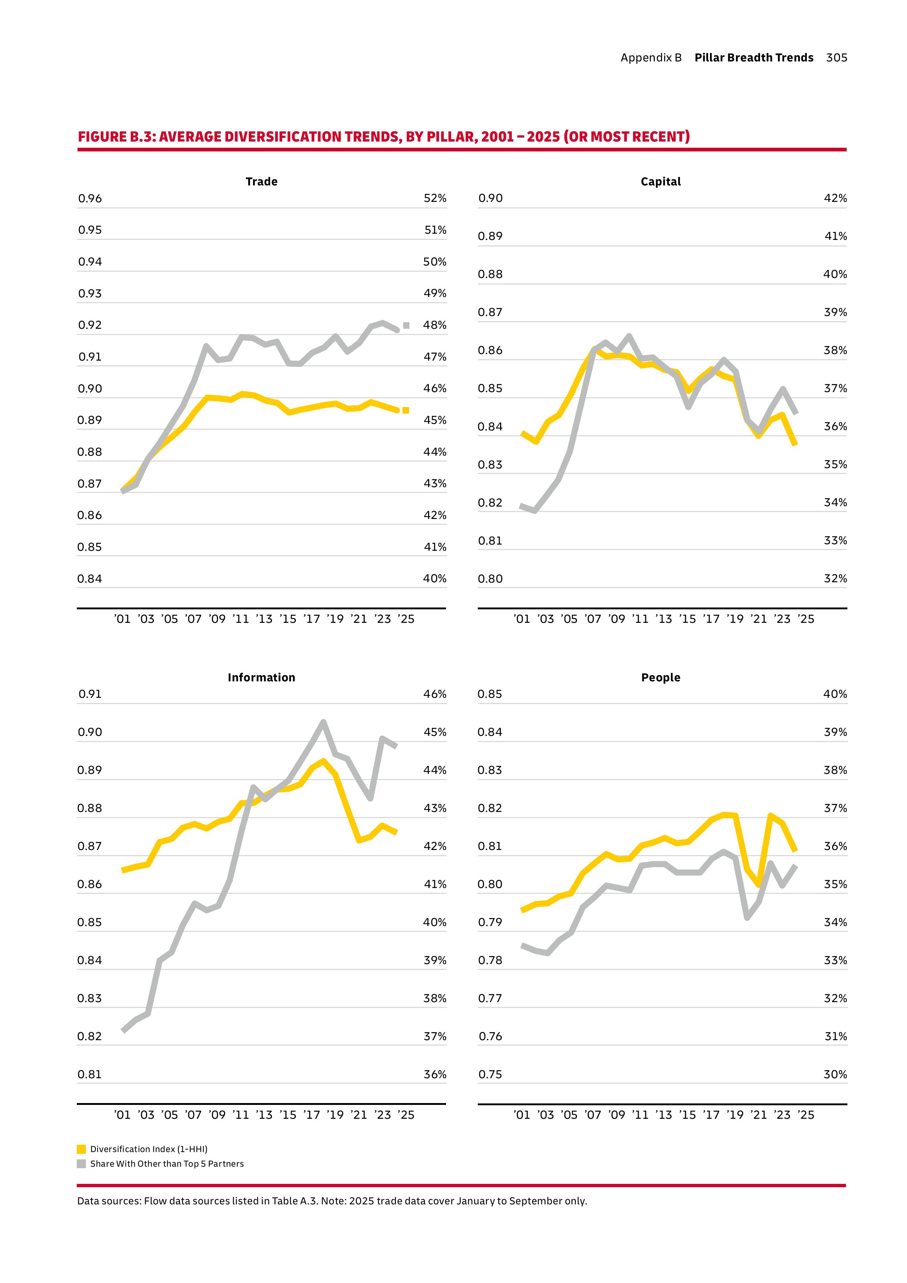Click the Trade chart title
(261, 182)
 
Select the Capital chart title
(661, 182)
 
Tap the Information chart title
(261, 677)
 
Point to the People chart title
(661, 677)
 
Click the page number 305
(837, 57)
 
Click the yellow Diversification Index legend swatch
(82, 1149)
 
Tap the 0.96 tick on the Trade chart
(90, 198)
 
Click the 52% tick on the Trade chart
(435, 198)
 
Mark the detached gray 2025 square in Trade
(406, 325)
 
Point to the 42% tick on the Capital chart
(835, 198)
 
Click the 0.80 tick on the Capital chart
(490, 579)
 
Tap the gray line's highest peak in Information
(324, 722)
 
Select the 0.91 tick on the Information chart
(90, 694)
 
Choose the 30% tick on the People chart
(835, 1074)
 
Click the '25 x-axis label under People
(806, 1115)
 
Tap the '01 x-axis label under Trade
(122, 619)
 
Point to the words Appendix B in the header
(651, 57)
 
